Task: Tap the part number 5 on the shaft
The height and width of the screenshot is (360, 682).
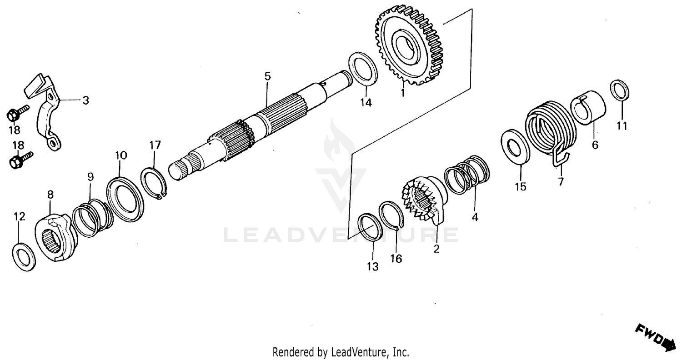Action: [x=268, y=76]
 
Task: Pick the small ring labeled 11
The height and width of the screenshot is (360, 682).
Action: [x=619, y=90]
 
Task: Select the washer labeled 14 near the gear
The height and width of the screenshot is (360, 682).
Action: [x=362, y=68]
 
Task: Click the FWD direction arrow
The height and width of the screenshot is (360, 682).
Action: [x=655, y=337]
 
